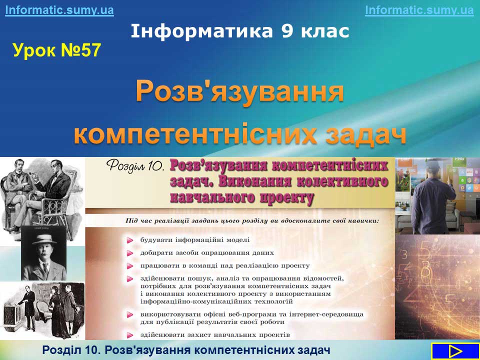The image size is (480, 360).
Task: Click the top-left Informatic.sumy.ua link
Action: (59, 10)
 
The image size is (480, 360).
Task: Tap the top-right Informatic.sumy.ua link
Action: (419, 10)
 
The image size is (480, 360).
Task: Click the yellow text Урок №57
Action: (56, 50)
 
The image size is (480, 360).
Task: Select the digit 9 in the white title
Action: (287, 31)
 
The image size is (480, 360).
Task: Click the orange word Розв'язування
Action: (239, 91)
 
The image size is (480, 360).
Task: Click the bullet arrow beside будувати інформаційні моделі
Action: (130, 240)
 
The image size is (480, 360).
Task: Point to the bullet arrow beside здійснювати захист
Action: (130, 335)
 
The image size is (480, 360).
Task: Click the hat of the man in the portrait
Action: (44, 239)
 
